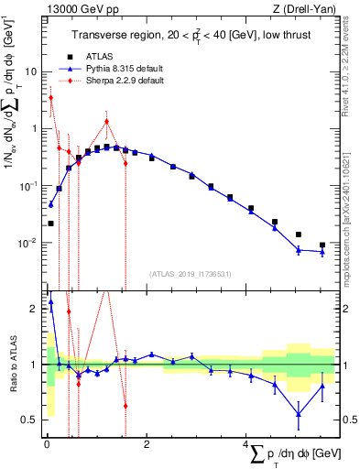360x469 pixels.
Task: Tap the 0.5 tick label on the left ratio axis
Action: point(29,420)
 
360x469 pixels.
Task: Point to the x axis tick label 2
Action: point(147,442)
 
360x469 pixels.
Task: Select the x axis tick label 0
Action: point(46,442)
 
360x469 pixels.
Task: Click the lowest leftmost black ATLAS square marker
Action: point(50,223)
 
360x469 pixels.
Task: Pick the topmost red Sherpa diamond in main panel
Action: point(50,98)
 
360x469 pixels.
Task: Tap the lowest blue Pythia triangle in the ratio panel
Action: point(299,414)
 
